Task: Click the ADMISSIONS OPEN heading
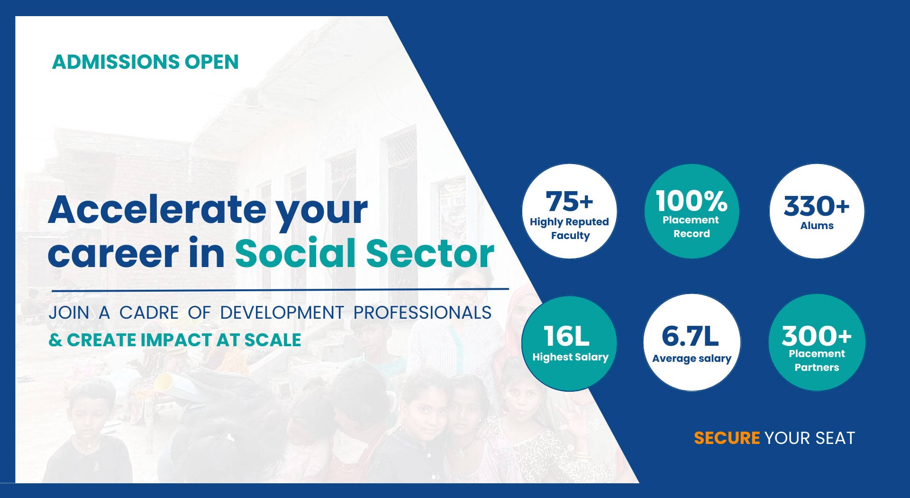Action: (x=145, y=62)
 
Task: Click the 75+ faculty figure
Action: (x=569, y=201)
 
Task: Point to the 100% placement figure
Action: (x=692, y=201)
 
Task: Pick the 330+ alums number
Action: (x=817, y=206)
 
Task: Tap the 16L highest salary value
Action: (x=567, y=336)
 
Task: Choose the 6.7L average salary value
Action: (x=690, y=336)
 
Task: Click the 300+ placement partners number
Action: (x=817, y=336)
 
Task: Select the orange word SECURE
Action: (x=727, y=438)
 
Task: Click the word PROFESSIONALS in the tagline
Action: (x=422, y=313)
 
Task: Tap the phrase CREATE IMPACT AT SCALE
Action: (x=184, y=340)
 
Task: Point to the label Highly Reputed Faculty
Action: (x=570, y=229)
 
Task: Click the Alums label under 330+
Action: (x=817, y=226)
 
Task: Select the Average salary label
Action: (x=692, y=359)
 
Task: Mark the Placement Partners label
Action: (x=817, y=360)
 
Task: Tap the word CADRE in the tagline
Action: (x=149, y=313)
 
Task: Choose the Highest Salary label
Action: (x=570, y=357)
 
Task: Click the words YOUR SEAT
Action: (x=810, y=438)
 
